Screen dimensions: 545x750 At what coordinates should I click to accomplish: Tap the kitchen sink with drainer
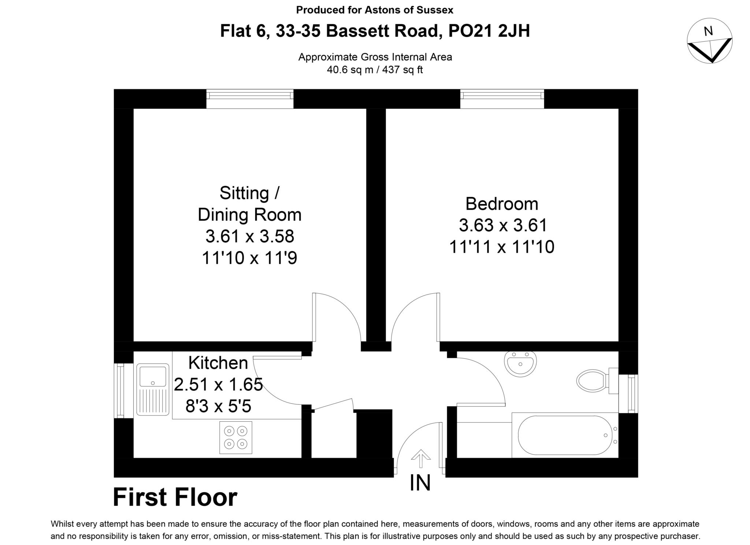153,389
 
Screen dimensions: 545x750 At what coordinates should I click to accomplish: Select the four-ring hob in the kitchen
235,438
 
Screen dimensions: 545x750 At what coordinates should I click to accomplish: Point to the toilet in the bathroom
593,381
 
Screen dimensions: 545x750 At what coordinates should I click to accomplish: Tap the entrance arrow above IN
420,458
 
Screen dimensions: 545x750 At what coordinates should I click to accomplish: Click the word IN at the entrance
420,483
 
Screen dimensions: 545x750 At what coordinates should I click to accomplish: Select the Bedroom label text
502,204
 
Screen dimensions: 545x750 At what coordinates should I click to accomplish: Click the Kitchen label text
218,363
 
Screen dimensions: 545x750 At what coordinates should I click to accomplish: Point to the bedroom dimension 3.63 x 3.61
503,225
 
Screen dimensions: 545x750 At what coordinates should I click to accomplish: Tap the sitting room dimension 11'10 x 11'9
249,258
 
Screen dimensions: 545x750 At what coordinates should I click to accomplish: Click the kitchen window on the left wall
119,390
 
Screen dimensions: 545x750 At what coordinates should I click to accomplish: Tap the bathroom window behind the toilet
632,394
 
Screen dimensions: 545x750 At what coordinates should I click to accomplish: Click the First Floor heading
175,497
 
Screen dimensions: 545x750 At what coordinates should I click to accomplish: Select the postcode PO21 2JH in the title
489,31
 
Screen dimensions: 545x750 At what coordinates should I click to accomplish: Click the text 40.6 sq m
349,70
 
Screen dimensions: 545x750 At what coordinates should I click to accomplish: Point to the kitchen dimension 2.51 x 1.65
218,385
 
